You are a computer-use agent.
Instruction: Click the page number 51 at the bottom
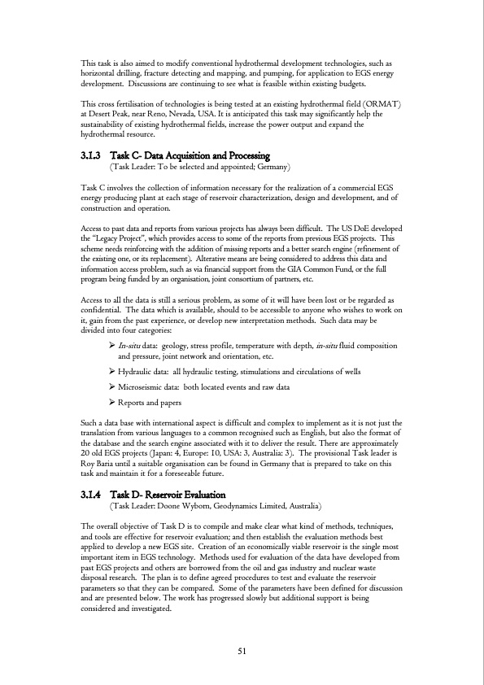pyautogui.click(x=241, y=650)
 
